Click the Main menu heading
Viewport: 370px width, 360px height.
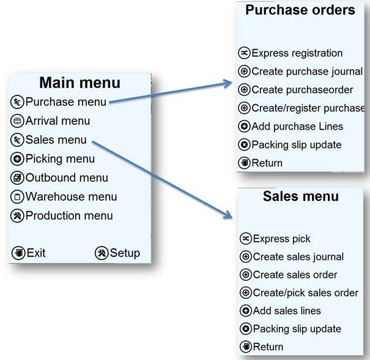[x=80, y=83]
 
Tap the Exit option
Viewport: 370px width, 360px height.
[x=29, y=253]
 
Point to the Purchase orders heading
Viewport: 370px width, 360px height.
[x=300, y=10]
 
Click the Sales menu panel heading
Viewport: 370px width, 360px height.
[x=300, y=197]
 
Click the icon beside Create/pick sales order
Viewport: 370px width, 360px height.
[x=245, y=293]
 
